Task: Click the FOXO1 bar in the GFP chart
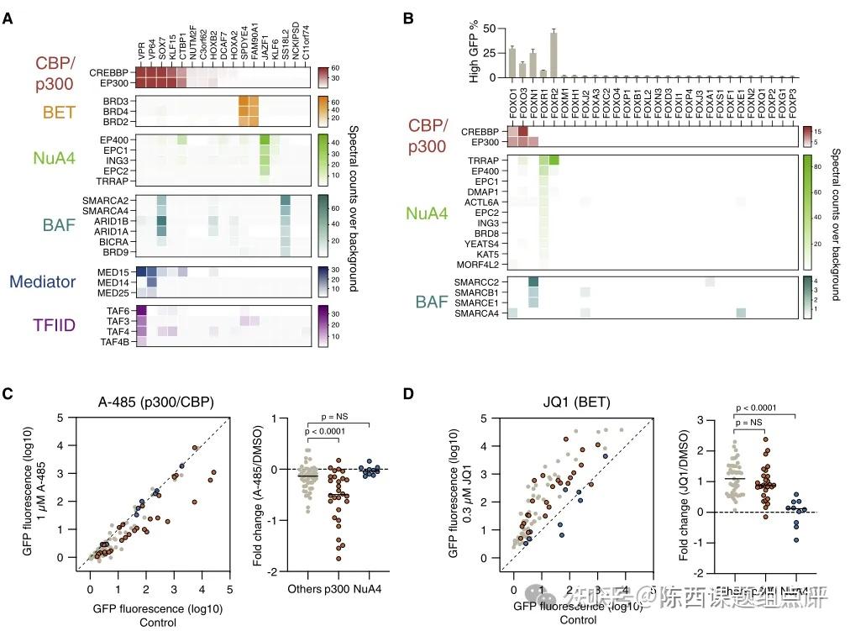512,62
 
